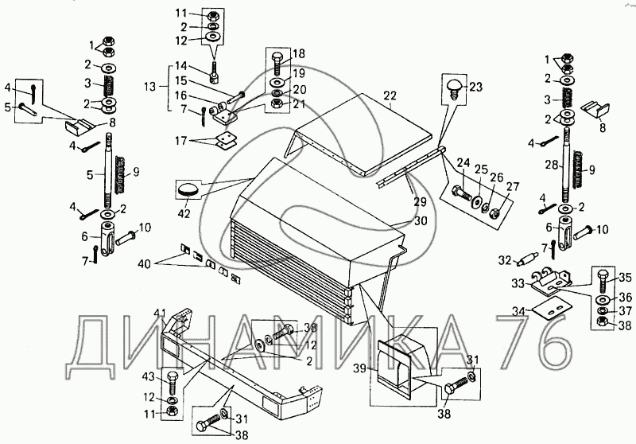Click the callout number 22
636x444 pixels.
390,95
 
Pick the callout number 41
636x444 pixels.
160,312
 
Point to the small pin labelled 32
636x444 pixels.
528,259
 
